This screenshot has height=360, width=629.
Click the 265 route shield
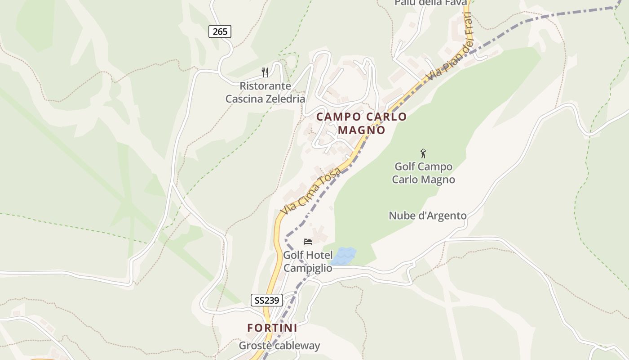click(220, 31)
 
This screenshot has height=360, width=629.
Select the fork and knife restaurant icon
click(265, 72)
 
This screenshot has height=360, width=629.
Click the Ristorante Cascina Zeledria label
click(265, 92)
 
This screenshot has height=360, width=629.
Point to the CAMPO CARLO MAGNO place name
click(361, 123)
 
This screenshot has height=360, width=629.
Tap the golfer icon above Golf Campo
click(423, 153)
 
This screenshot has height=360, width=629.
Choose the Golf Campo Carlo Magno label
click(423, 173)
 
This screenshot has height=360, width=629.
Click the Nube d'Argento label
click(427, 216)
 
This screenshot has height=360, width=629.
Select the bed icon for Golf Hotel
click(308, 242)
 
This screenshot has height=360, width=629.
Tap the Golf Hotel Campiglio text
click(308, 261)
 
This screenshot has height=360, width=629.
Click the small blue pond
click(344, 256)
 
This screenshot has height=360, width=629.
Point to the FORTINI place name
click(272, 328)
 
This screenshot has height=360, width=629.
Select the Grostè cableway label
click(279, 346)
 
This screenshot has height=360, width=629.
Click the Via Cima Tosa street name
click(310, 190)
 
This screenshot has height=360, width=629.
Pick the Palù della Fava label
click(430, 3)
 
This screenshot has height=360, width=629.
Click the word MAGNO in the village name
click(361, 130)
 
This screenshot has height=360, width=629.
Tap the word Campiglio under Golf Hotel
click(308, 268)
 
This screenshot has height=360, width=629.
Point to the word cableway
click(298, 346)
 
